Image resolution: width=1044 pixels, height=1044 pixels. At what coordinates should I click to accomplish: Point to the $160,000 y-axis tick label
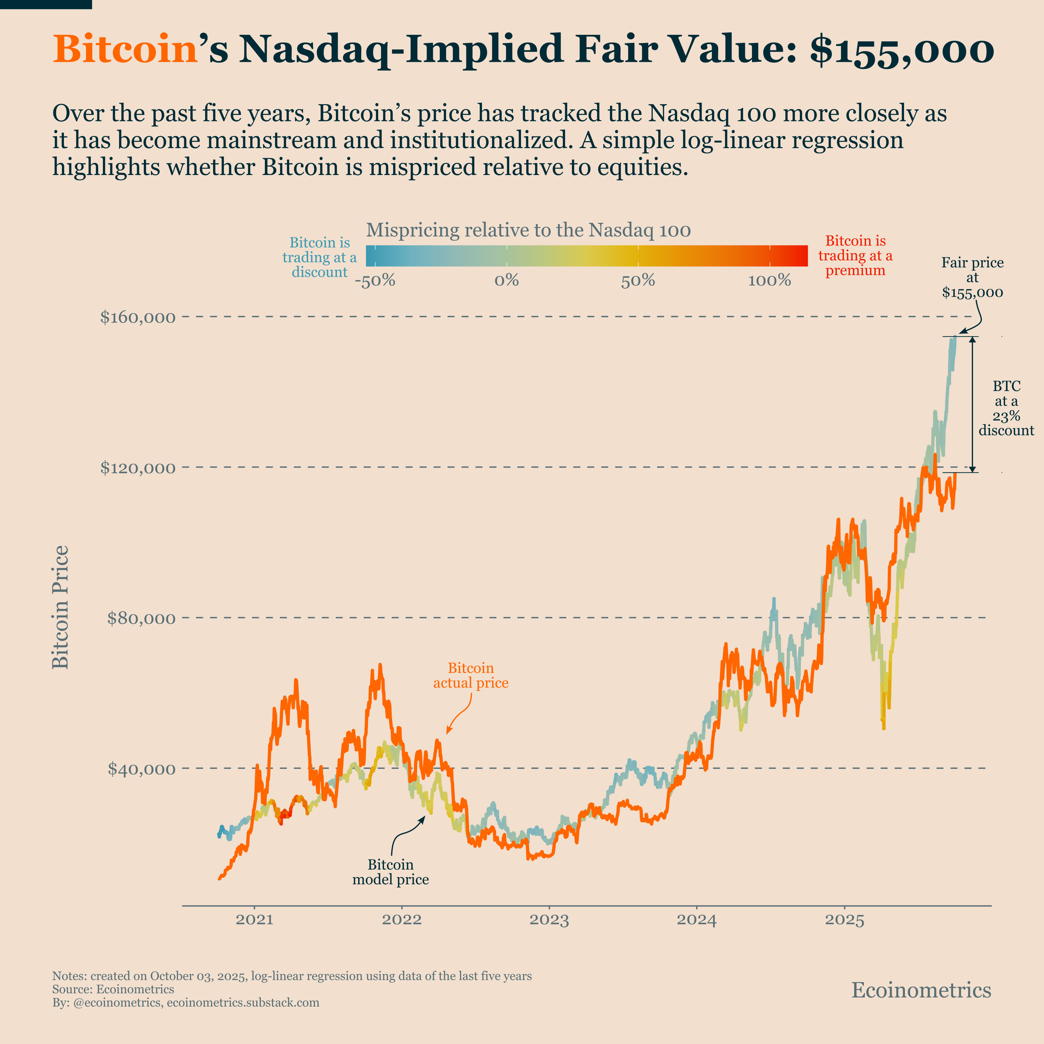pos(138,317)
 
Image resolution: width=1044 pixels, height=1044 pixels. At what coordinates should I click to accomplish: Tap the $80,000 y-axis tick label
pos(141,618)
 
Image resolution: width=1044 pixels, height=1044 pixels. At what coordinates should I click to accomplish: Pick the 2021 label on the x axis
pos(255,920)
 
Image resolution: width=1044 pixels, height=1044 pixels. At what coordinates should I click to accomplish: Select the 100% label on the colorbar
pos(769,281)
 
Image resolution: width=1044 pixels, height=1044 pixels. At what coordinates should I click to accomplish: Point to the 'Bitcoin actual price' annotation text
pos(471,675)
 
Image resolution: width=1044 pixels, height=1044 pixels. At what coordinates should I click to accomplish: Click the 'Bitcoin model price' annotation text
pos(391,872)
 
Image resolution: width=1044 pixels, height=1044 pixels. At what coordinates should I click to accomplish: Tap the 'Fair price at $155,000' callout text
pos(972,278)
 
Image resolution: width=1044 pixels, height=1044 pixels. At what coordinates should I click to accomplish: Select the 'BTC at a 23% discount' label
pos(1006,408)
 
